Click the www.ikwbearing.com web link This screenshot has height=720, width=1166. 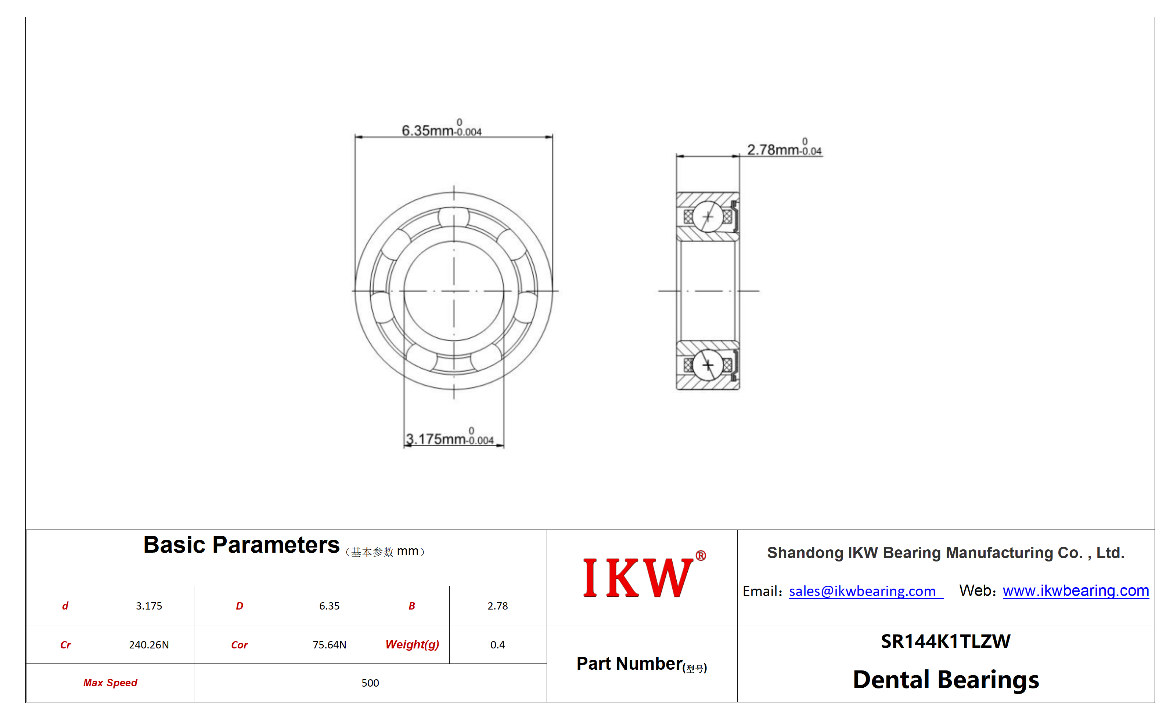pos(1075,590)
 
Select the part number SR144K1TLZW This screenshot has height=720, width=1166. pos(945,641)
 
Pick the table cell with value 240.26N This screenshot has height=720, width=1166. pos(149,644)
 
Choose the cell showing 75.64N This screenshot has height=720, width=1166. pos(330,644)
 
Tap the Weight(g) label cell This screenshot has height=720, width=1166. pos(412,644)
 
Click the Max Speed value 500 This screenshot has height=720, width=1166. pos(370,683)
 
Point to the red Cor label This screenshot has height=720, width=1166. pos(239,645)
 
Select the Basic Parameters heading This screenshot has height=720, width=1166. pos(241,545)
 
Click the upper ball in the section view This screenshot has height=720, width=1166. pos(708,217)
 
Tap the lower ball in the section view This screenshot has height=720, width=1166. pos(708,365)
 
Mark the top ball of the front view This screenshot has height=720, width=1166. pos(453,218)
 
